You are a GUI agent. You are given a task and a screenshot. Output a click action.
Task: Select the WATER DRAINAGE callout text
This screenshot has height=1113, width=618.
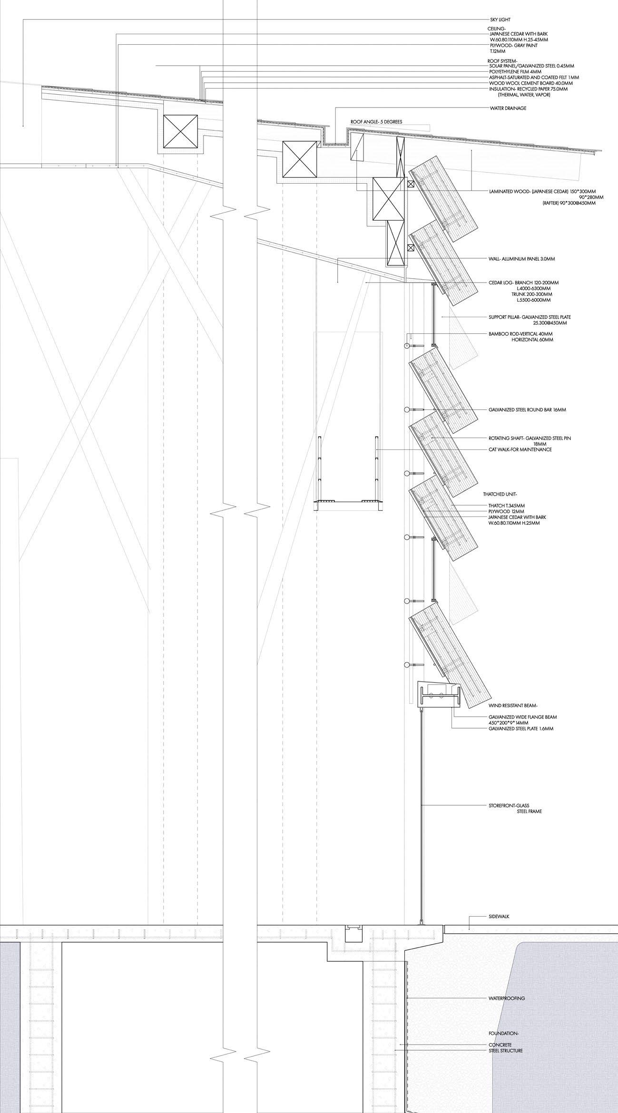[508, 108]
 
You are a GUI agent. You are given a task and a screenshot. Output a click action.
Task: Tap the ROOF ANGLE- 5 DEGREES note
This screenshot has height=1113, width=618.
[376, 122]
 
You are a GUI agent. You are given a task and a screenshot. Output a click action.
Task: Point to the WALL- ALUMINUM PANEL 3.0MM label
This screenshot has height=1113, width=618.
[522, 259]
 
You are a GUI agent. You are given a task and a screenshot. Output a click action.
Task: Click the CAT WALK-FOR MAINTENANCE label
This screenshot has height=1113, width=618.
[520, 449]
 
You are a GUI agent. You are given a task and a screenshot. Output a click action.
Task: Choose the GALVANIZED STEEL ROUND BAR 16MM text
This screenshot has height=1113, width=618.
[527, 410]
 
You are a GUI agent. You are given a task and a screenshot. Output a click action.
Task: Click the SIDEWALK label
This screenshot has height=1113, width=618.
[499, 584]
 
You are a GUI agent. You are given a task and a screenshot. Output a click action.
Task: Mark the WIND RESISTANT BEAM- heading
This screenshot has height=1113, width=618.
[511, 705]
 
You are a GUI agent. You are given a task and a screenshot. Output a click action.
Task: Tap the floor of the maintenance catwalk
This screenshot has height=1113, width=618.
[349, 501]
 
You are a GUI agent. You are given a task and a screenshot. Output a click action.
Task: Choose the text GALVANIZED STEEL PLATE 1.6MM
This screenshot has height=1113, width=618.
[521, 729]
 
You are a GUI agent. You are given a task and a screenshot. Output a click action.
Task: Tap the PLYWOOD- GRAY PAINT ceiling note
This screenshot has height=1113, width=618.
[517, 45]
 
